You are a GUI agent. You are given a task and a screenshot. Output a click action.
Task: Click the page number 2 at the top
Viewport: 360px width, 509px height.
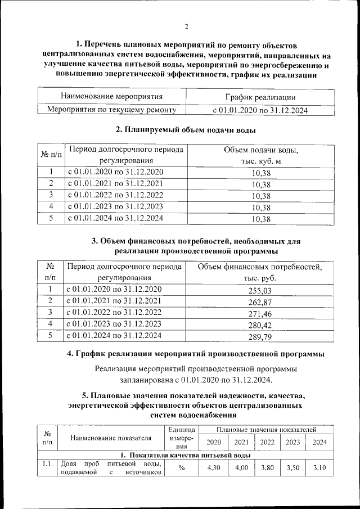pos(186,26)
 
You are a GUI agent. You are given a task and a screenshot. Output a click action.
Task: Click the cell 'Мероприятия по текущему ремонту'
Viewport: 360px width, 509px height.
pos(111,110)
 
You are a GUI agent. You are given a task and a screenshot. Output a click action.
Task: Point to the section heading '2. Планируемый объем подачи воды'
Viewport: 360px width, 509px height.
pos(186,130)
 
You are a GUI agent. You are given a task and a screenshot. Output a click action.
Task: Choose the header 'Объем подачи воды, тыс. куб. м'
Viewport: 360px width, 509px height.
pos(260,156)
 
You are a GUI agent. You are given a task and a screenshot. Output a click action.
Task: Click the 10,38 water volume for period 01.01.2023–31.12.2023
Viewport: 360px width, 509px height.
pos(261,208)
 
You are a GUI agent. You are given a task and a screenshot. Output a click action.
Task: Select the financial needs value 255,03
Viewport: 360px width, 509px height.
pos(259,291)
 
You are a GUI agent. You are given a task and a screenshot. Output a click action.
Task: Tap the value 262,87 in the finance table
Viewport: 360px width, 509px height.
pos(259,302)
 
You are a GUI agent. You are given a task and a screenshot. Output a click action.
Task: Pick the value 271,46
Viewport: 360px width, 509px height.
pos(259,314)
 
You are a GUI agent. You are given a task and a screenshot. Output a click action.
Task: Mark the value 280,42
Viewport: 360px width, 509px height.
pos(259,326)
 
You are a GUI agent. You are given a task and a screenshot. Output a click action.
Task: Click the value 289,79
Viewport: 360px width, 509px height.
pos(259,337)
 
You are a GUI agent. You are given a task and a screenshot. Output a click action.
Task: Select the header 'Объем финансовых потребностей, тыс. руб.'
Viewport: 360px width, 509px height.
pos(259,272)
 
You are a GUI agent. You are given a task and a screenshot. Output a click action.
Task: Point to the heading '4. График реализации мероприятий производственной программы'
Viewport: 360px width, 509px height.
pos(195,354)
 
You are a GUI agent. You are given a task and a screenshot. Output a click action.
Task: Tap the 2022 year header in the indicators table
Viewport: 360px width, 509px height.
pos(267,442)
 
